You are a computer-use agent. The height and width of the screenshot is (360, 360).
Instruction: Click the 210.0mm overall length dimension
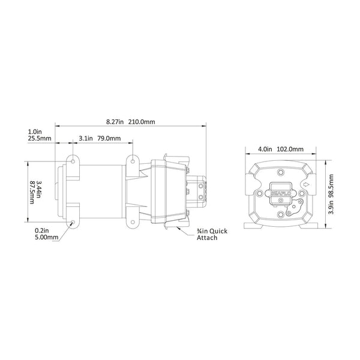(142, 121)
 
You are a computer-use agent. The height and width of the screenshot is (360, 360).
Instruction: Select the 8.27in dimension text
(114, 121)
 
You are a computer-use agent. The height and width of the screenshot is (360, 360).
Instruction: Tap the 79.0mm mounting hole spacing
(109, 139)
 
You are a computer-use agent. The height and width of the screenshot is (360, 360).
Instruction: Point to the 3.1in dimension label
(85, 139)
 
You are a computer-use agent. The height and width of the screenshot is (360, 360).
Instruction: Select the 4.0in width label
(265, 149)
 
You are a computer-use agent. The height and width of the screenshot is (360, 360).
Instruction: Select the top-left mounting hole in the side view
(73, 163)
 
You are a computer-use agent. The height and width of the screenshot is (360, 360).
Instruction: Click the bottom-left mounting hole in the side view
(73, 223)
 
